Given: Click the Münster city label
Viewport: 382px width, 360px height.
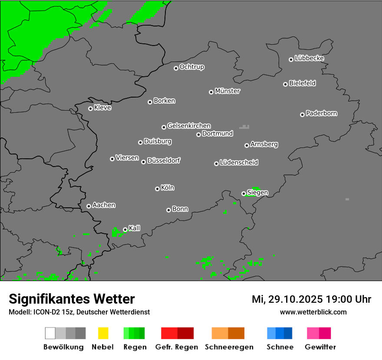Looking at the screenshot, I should (227, 91).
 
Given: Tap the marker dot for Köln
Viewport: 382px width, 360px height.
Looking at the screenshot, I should (157, 189).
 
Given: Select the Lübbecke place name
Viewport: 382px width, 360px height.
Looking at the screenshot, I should (309, 58).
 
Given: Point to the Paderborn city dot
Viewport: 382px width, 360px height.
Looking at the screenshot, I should (302, 115).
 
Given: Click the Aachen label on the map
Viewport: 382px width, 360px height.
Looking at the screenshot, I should (104, 205).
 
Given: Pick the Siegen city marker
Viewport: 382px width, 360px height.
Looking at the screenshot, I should (244, 193).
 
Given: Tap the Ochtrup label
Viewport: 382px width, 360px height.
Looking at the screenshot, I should (191, 67).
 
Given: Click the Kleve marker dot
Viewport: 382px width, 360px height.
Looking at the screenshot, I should (90, 108).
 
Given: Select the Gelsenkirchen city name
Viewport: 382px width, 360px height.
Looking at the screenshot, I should (189, 126).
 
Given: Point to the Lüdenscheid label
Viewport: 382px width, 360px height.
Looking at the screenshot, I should (239, 163).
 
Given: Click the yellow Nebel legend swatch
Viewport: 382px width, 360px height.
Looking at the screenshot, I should (103, 333).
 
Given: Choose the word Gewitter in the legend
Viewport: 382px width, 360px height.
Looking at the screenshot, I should (320, 347).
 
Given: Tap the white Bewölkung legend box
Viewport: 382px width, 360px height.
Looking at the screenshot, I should (50, 333).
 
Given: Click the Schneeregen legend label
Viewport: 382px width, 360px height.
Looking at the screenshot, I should (229, 347).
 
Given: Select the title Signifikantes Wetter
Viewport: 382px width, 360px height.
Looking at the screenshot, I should (72, 299).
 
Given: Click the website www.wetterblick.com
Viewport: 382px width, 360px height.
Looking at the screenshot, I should (313, 312).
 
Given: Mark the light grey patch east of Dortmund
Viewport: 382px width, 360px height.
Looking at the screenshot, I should (245, 127).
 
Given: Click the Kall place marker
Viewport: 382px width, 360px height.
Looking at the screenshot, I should (125, 229).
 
